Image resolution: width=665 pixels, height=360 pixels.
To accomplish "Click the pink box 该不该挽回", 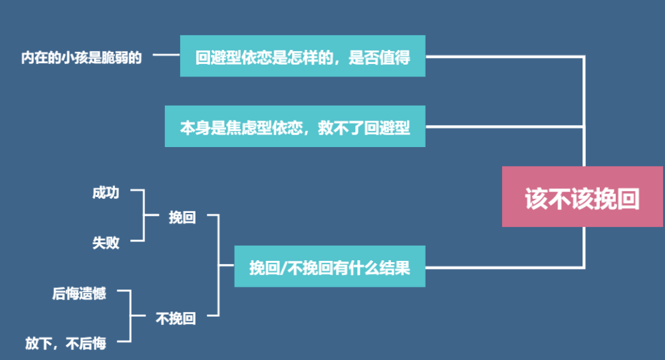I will click(x=583, y=197).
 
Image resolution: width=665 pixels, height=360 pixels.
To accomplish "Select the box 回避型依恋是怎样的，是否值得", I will click(x=303, y=57).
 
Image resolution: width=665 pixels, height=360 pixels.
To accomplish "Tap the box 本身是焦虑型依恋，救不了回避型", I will click(x=295, y=127).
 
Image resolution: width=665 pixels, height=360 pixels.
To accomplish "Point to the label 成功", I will click(x=106, y=193).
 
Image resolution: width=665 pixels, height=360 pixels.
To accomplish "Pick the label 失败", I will click(x=106, y=242).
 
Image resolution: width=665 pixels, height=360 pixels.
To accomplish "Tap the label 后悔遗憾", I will click(x=79, y=293).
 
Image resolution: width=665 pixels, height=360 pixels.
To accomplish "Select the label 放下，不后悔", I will click(x=66, y=343).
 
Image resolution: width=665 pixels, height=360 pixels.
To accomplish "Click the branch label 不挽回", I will click(x=176, y=319).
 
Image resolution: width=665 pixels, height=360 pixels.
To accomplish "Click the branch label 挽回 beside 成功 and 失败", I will click(x=182, y=218).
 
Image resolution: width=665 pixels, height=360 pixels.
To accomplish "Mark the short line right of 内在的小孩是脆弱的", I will click(x=166, y=57).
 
